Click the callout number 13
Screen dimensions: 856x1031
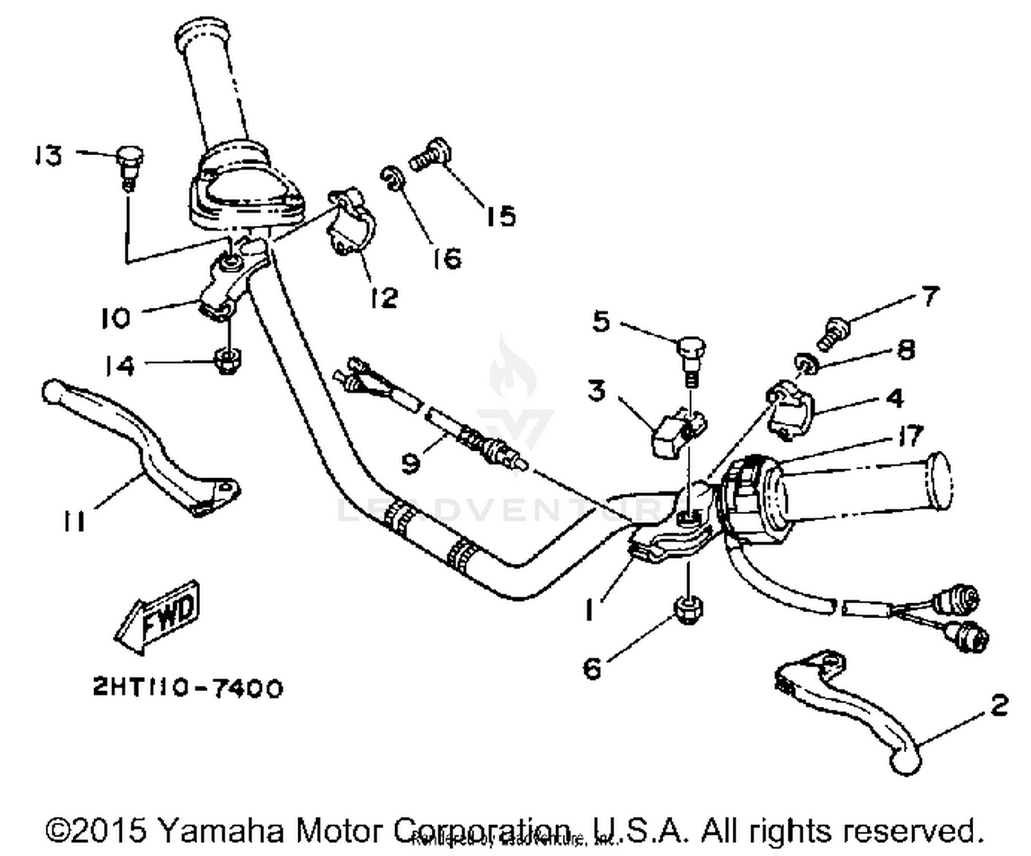pos(49,156)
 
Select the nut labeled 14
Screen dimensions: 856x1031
pos(227,359)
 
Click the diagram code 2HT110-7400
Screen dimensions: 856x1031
pos(188,688)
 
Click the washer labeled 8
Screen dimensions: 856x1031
pos(805,363)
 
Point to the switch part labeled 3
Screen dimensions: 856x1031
pos(675,431)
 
